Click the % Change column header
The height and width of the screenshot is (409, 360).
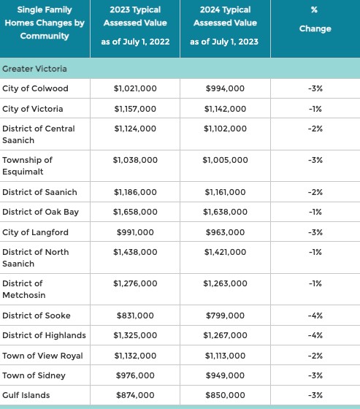[315, 19]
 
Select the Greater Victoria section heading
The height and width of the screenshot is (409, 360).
[35, 69]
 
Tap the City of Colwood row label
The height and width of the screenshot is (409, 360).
[35, 88]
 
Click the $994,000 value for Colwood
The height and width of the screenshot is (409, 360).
[225, 88]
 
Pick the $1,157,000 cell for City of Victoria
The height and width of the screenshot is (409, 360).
[135, 109]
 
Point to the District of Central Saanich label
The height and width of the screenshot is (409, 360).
[39, 134]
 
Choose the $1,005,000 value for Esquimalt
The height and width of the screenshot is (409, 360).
[225, 160]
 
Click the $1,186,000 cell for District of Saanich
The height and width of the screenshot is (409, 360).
[135, 192]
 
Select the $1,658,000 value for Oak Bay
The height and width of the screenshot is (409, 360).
[135, 212]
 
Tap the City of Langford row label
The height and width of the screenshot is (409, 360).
[35, 232]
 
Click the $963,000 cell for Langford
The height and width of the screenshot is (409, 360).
[225, 232]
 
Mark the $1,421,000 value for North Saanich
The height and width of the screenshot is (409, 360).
[225, 252]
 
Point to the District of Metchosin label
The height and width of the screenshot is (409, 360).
[24, 289]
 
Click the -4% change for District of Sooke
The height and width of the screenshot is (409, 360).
[315, 316]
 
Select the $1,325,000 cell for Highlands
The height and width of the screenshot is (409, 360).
[135, 335]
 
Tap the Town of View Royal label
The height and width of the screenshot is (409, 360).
[42, 356]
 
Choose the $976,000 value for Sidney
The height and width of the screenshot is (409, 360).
[135, 375]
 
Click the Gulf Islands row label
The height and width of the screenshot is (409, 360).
[26, 395]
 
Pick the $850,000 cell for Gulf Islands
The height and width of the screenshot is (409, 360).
[225, 395]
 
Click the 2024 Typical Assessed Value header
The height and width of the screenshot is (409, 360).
[225, 26]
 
